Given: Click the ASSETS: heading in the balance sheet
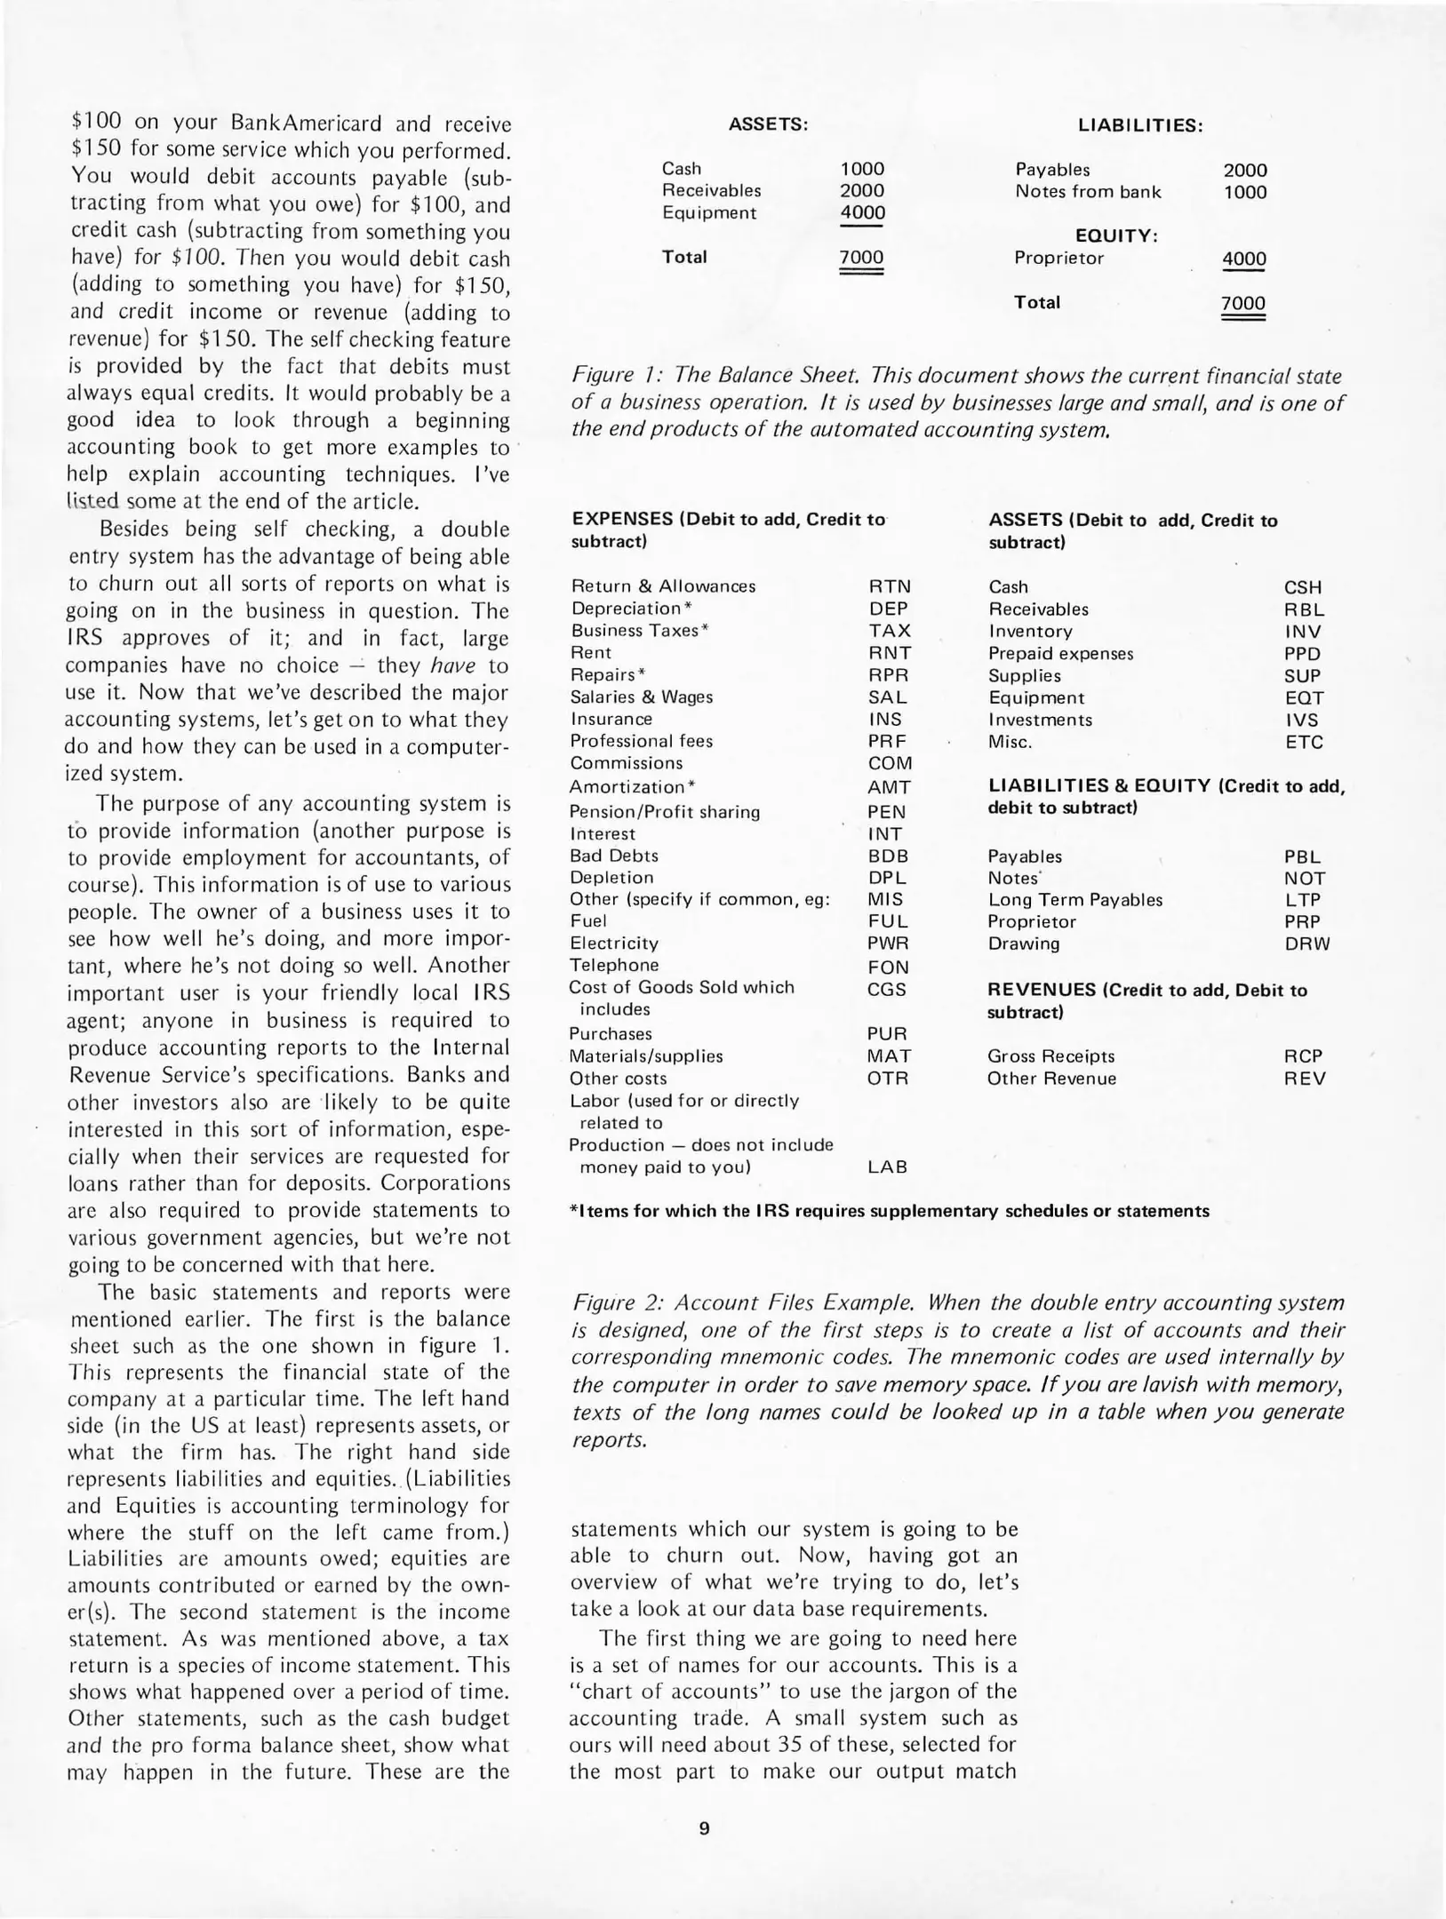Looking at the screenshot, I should (768, 125).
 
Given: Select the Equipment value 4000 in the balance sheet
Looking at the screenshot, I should (862, 213).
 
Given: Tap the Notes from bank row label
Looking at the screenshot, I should (1088, 192).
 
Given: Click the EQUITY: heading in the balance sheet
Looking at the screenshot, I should (1116, 236).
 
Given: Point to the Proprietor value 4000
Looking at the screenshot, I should (1243, 259).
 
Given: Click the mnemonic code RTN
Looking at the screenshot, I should (890, 587).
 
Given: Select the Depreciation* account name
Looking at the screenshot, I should (631, 609).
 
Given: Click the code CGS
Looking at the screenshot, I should (886, 989).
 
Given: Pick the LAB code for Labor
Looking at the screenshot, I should (887, 1167).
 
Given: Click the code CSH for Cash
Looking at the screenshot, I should (1303, 588).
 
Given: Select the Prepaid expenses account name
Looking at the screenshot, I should (1060, 654).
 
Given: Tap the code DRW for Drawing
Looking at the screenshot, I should (1307, 944).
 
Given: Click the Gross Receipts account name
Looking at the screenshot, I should (1051, 1056).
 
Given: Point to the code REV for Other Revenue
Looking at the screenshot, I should (1305, 1079).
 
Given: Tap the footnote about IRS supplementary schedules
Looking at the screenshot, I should (889, 1211).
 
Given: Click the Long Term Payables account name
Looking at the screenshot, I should (1075, 900).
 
